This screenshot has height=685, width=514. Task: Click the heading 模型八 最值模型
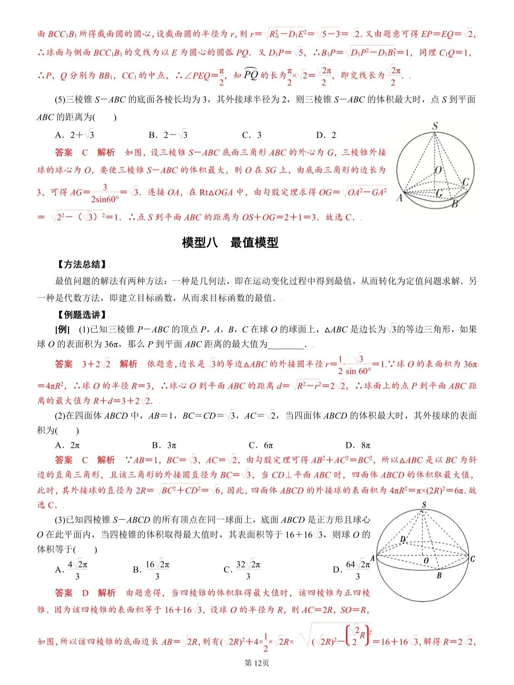(230, 243)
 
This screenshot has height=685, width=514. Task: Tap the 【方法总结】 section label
(80, 265)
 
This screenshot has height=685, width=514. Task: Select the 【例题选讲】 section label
(80, 315)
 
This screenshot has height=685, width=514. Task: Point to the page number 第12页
(257, 663)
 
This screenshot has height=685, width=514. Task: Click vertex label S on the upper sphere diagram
(435, 126)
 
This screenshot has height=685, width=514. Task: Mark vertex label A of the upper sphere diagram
(399, 198)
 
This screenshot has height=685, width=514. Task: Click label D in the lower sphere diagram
(403, 538)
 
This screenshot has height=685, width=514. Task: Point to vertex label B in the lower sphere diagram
(439, 576)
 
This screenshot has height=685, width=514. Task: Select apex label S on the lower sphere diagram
(424, 505)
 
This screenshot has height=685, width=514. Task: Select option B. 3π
(165, 445)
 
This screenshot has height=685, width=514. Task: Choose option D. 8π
(358, 445)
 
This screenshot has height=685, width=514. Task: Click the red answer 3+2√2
(96, 364)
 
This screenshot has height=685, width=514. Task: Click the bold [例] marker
(62, 329)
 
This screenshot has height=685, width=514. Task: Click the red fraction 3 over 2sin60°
(105, 193)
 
